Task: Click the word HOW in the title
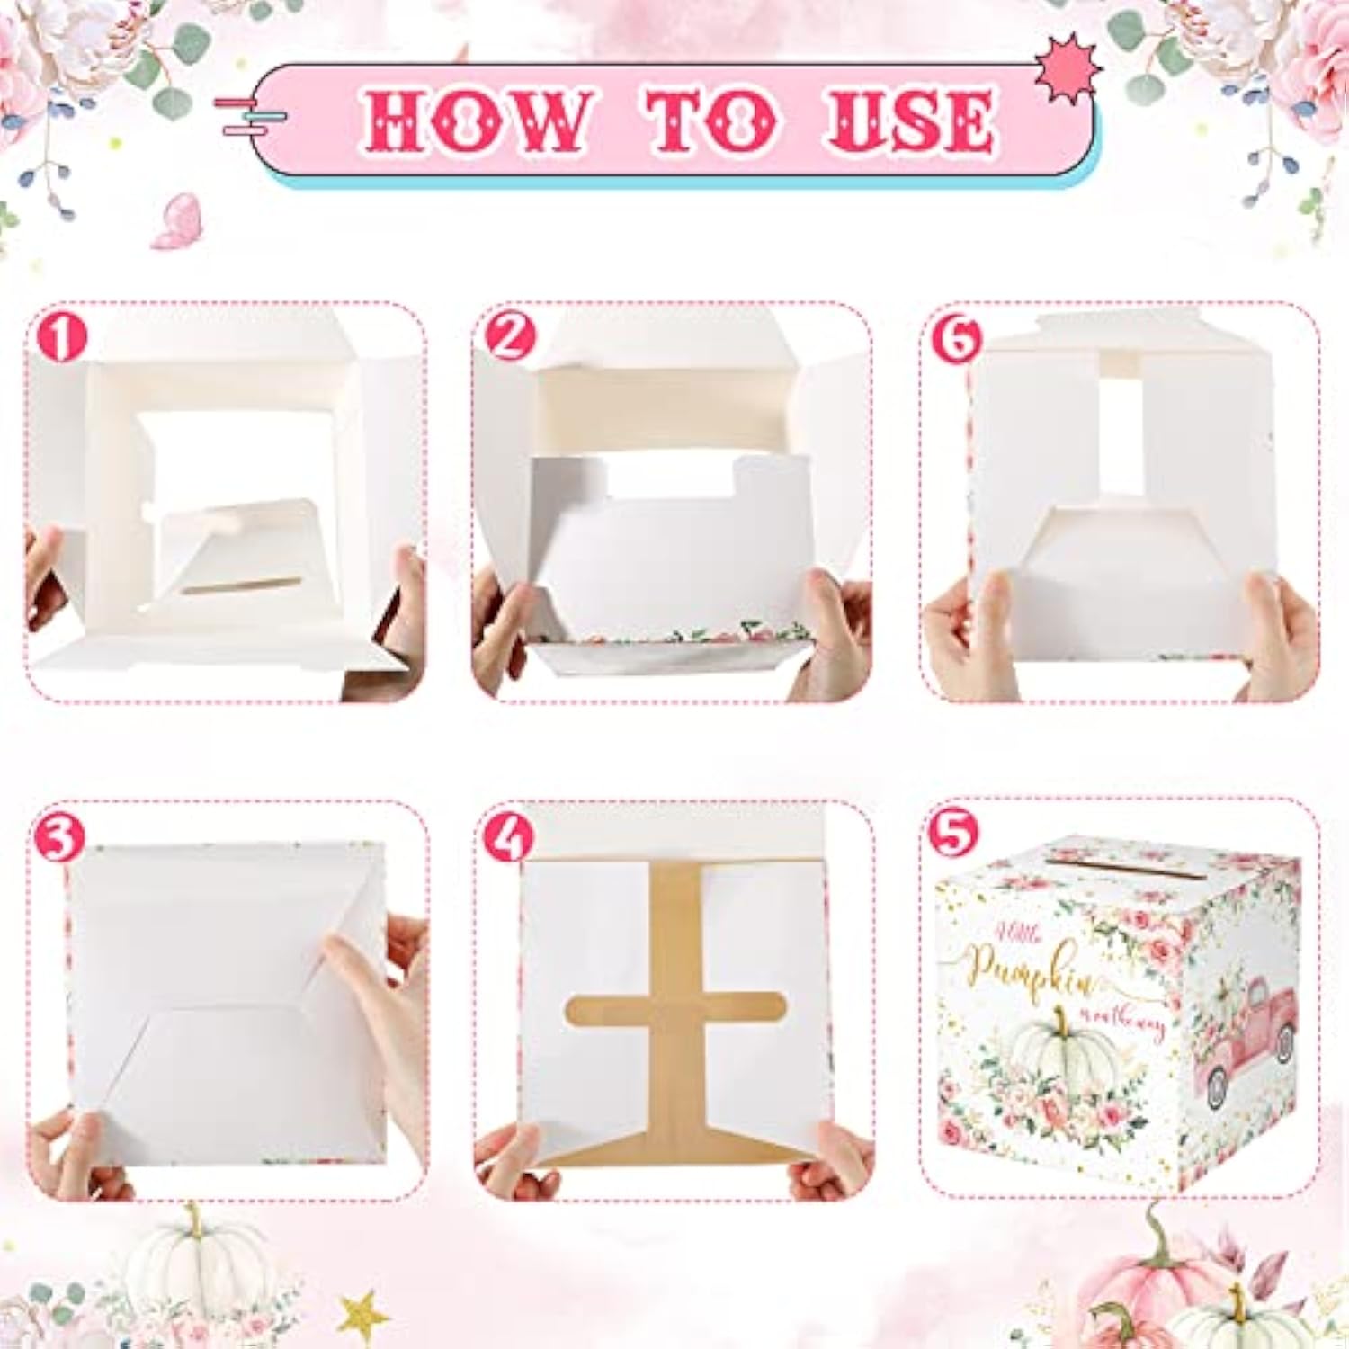pos(474,121)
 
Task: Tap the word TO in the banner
pos(710,121)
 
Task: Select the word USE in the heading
pos(908,121)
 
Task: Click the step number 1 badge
pos(61,337)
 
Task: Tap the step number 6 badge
pos(957,340)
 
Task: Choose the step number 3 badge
pos(59,837)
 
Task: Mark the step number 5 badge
pos(953,832)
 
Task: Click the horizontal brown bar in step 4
pos(674,1009)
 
